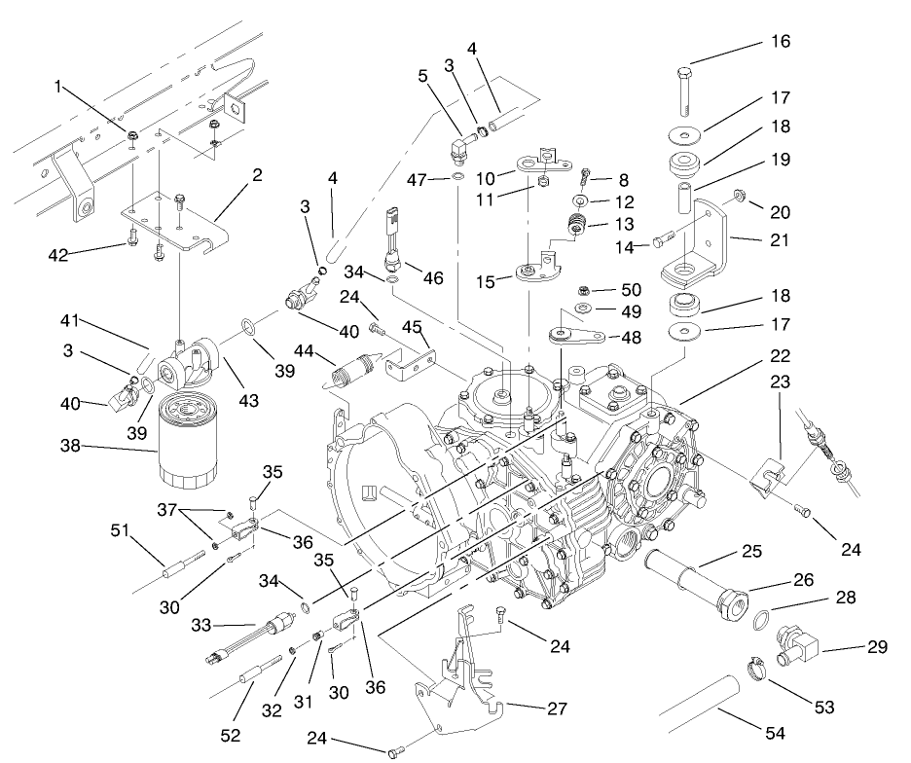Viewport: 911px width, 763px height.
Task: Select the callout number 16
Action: pyautogui.click(x=780, y=42)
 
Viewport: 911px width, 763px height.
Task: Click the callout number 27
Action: pyautogui.click(x=557, y=708)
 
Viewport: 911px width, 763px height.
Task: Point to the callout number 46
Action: pyautogui.click(x=432, y=278)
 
